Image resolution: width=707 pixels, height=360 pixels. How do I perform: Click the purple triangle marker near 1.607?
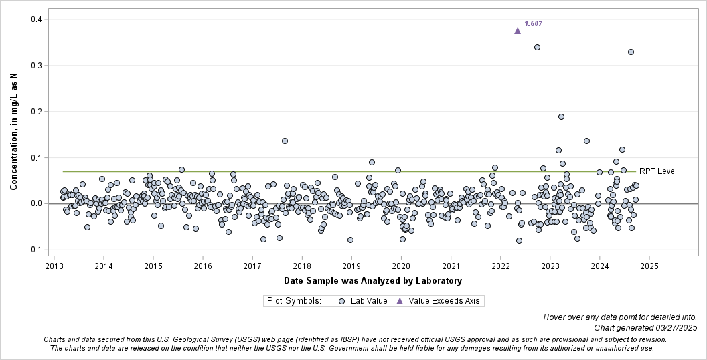[518, 31]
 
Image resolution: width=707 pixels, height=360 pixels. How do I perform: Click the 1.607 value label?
[534, 23]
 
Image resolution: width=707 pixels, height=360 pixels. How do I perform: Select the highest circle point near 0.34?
[537, 47]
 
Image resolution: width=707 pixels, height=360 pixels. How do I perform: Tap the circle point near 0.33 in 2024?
[631, 52]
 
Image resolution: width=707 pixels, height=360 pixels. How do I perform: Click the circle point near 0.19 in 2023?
[561, 116]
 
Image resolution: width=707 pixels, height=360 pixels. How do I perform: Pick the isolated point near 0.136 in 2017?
[285, 141]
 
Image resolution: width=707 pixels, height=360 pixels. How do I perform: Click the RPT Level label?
[658, 171]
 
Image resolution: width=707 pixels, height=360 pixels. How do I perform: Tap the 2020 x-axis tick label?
[401, 266]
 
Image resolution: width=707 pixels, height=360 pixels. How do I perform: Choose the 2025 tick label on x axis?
[649, 266]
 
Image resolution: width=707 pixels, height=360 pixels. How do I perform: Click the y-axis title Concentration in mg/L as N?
[13, 132]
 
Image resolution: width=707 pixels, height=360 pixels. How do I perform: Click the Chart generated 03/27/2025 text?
[645, 327]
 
